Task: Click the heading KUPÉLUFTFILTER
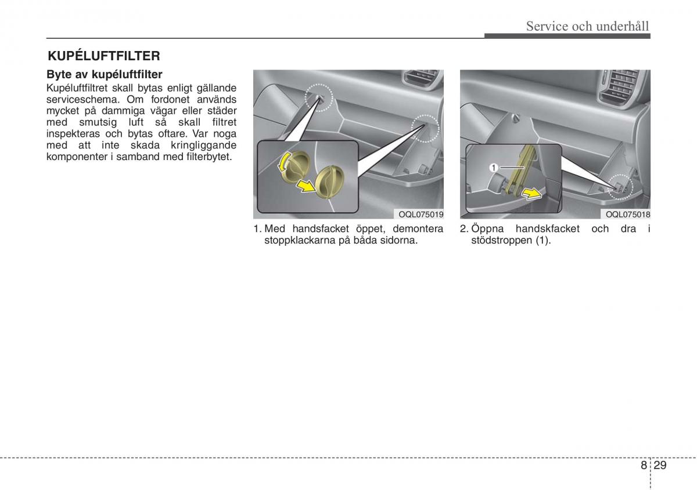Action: pos(103,56)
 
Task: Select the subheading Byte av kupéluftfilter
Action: pos(104,75)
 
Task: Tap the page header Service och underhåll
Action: pos(587,26)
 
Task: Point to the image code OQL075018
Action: pos(626,214)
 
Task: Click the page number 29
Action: pos(659,465)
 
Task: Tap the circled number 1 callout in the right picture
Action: pos(493,168)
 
